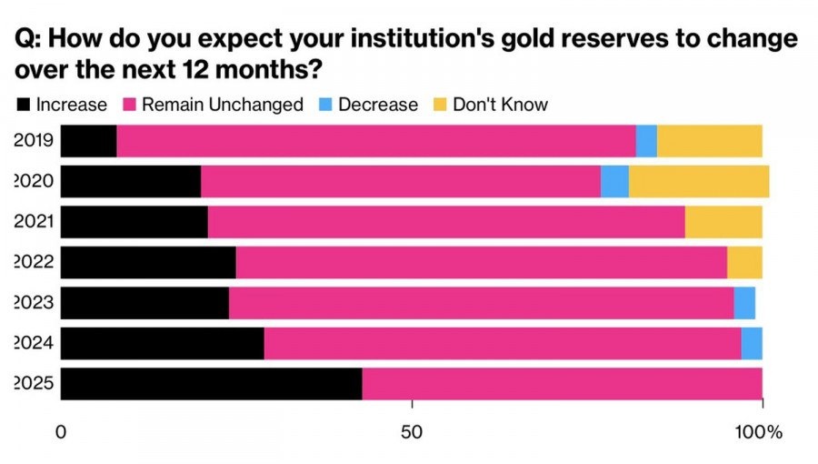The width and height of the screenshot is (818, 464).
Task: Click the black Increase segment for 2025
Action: click(212, 384)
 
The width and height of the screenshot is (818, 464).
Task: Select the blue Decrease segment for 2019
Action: click(646, 141)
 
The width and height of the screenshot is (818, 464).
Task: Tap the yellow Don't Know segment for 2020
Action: click(698, 182)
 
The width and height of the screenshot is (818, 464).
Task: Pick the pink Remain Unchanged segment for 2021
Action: click(446, 222)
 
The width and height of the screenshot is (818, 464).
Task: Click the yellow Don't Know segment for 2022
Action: click(744, 262)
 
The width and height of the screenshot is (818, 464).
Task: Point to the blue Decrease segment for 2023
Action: click(744, 302)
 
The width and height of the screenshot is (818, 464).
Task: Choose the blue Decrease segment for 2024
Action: click(752, 343)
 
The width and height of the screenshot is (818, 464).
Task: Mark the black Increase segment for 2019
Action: click(89, 141)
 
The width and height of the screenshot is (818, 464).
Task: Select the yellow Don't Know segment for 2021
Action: click(723, 222)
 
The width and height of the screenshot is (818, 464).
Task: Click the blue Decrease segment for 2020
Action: click(614, 182)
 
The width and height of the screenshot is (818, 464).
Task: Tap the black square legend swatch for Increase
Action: click(24, 105)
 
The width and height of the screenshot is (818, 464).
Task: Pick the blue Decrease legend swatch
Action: click(324, 105)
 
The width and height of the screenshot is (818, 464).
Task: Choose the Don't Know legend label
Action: click(500, 105)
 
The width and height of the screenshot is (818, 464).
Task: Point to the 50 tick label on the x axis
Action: click(413, 432)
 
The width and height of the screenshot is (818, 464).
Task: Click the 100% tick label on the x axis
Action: click(759, 432)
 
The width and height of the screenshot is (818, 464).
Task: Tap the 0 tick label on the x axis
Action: click(62, 432)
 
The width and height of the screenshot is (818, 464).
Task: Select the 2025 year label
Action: click(35, 384)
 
